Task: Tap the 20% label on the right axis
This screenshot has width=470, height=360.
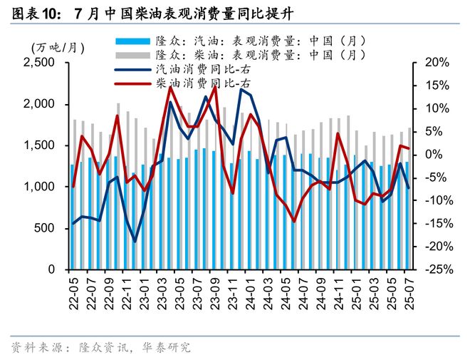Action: [x=434, y=63]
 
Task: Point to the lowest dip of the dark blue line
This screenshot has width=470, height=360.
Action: [x=135, y=242]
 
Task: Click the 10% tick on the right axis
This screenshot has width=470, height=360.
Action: [x=434, y=108]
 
